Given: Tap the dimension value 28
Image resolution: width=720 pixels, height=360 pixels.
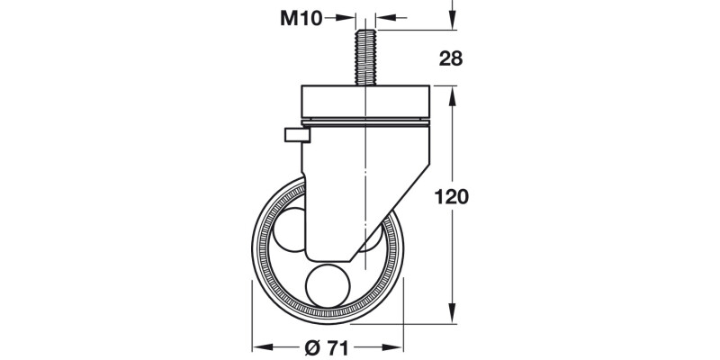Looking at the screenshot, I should (x=453, y=59).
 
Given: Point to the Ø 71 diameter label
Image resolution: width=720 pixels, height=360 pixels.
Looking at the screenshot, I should (x=326, y=347).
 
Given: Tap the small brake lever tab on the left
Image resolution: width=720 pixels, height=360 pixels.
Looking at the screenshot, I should (x=295, y=136).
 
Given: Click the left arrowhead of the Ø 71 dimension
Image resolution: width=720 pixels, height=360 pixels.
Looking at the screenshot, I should (x=258, y=346).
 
